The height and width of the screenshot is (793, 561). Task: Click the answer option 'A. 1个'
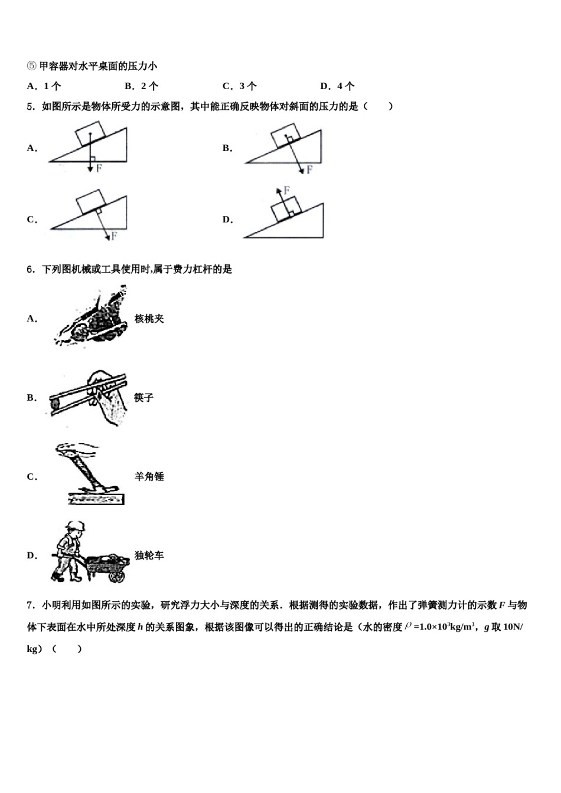44,86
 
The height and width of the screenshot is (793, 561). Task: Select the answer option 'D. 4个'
337,86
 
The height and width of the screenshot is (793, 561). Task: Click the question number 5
31,107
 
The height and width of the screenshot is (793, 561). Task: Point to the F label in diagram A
99,169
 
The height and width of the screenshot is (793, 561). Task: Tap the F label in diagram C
114,236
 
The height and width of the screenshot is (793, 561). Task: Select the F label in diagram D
286,190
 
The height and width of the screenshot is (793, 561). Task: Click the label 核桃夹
149,319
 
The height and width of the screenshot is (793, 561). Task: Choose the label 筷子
143,398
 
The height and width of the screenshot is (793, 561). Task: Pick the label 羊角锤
149,477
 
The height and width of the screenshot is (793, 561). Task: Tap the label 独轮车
149,555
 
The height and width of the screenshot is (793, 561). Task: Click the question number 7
31,605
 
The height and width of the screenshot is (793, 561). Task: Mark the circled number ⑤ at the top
32,66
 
